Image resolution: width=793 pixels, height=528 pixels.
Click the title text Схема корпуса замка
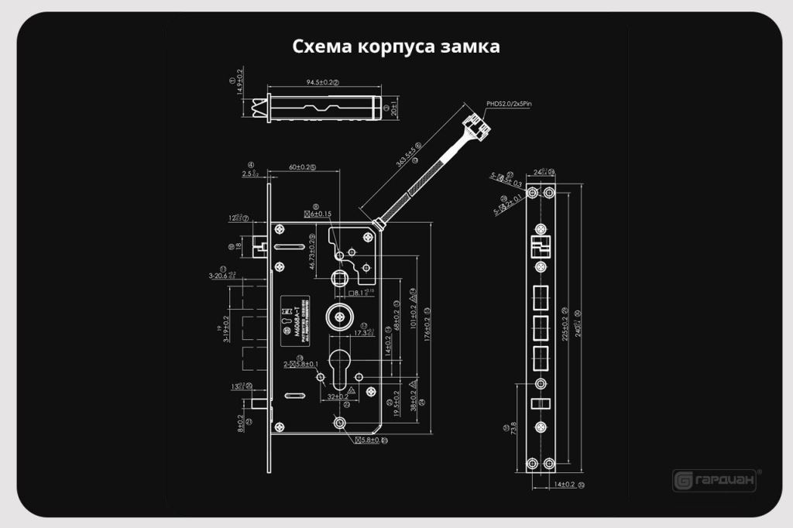396,46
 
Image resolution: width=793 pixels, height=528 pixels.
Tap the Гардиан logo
714,480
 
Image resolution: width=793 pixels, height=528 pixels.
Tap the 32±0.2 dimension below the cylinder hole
336,396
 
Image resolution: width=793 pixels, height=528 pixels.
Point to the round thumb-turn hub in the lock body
338,315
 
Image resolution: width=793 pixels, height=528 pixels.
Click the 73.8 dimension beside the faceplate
514,428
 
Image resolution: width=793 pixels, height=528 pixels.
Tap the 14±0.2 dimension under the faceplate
563,485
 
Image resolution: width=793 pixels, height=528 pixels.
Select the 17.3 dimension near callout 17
362,333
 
